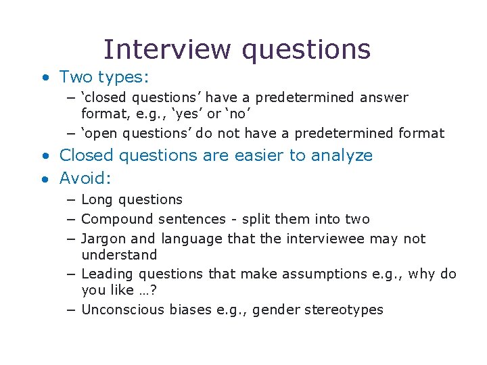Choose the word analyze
(342, 156)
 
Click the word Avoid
(84, 178)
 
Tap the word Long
(97, 200)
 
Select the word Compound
(117, 220)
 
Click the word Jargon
(103, 239)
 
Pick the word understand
(119, 255)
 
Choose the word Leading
(107, 274)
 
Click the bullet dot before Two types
(45, 78)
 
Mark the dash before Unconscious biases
(71, 310)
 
